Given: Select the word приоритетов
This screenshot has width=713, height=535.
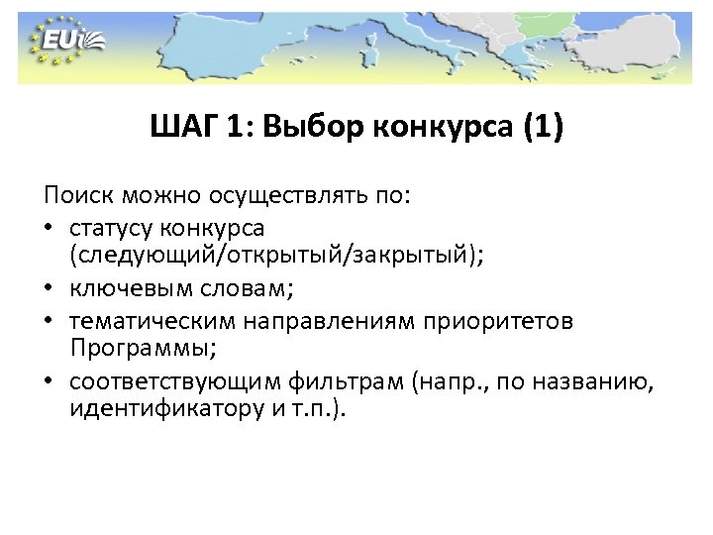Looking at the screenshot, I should coord(501,323).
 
